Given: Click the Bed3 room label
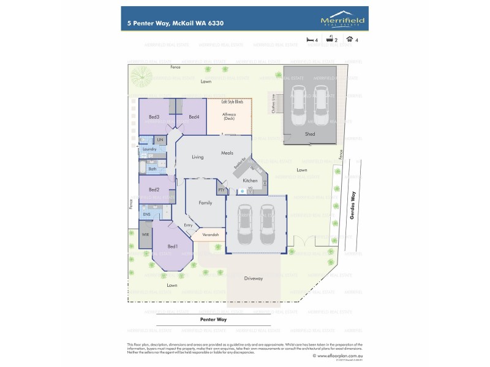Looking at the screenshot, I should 154,117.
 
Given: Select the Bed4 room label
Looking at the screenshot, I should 194,117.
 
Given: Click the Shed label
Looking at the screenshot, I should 310,133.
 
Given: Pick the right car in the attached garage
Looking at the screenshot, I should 267,223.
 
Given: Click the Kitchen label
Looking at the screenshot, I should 250,181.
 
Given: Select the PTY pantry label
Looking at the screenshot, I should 221,190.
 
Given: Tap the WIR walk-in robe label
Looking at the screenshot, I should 145,234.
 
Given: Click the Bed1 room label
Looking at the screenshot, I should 172,247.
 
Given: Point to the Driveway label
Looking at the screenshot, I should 254,278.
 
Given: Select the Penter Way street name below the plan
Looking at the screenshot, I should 213,319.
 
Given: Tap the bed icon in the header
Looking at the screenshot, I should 310,39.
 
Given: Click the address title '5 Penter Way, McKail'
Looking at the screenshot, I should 166,23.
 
